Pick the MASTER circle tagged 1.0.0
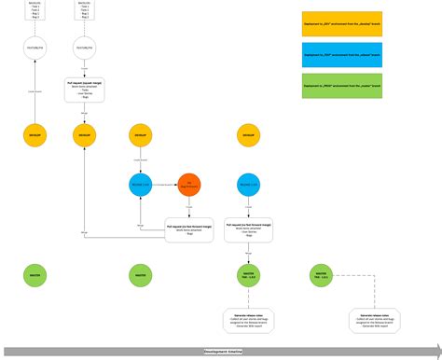pyautogui.click(x=247, y=275)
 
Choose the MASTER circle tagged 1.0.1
pyautogui.click(x=321, y=275)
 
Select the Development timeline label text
pyautogui.click(x=225, y=352)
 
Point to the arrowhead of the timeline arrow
pyautogui.click(x=434, y=352)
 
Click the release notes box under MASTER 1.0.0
pyautogui.click(x=248, y=322)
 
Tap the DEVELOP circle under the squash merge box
pyautogui.click(x=85, y=136)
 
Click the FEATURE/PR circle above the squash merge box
pyautogui.click(x=85, y=43)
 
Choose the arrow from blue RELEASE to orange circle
pyautogui.click(x=164, y=185)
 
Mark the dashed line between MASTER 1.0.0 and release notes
pyautogui.click(x=247, y=299)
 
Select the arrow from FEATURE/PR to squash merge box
pyautogui.click(x=85, y=66)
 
